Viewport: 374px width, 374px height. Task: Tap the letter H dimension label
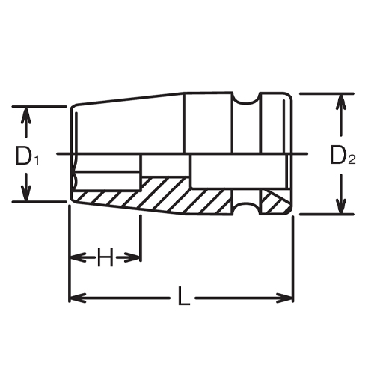tap(105, 258)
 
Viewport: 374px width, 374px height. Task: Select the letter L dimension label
tap(183, 299)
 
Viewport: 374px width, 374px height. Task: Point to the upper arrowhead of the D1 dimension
tap(27, 113)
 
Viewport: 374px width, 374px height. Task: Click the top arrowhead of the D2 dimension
tap(341, 100)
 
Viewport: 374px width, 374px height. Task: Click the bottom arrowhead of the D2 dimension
tap(341, 209)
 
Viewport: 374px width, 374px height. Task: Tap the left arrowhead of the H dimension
tap(75, 258)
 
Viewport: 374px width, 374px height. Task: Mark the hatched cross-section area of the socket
tap(180, 196)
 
